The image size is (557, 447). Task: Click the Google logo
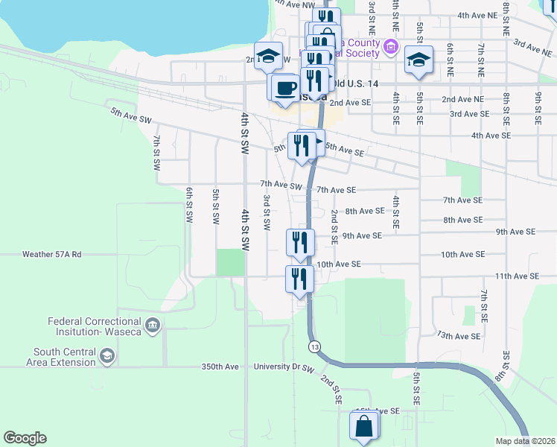pos(25,438)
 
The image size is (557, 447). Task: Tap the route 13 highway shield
pos(314,346)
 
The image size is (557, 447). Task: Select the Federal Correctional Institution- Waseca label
pos(95,326)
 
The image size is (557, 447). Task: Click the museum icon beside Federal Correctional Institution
pos(153,326)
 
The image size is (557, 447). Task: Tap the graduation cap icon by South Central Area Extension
pos(107,357)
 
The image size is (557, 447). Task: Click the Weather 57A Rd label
pos(51,254)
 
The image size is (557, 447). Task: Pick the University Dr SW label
pos(284,367)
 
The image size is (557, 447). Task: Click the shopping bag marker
pos(363,428)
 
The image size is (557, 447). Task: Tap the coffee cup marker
pos(284,89)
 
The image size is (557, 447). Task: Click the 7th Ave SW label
pos(281,185)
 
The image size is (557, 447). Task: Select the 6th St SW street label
pos(188,205)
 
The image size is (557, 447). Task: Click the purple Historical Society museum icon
pos(390,48)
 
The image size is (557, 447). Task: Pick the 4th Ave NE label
pos(477,15)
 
